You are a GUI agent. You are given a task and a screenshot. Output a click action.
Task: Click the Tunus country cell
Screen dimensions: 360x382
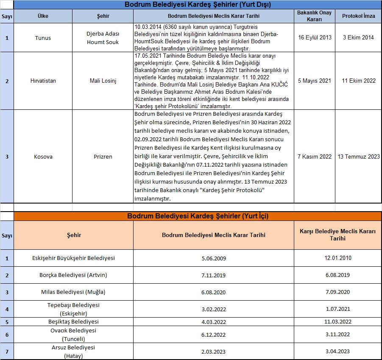point(43,38)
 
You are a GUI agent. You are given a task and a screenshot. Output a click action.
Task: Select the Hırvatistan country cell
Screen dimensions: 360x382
point(43,81)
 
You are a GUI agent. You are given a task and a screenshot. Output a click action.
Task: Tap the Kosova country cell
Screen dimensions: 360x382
point(43,156)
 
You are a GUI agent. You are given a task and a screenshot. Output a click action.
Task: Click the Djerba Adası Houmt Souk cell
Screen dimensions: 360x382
point(103,38)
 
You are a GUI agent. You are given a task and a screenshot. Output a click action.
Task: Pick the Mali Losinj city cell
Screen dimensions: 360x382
point(103,81)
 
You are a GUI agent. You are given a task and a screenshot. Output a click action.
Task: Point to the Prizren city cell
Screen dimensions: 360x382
point(103,156)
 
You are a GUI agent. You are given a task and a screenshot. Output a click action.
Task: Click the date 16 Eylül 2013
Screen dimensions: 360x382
point(315,38)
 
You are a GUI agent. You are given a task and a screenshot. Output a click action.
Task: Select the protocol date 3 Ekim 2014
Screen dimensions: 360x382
point(358,38)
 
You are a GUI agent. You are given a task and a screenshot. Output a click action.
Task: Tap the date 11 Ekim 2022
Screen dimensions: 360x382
point(358,81)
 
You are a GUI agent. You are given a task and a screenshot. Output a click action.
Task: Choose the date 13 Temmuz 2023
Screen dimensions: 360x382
point(358,156)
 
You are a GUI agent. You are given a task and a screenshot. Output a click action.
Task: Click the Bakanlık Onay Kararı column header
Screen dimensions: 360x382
point(315,16)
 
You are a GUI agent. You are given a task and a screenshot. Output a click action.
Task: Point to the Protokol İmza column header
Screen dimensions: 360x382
point(358,16)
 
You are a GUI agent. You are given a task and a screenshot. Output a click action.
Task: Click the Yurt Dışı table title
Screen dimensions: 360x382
point(198,5)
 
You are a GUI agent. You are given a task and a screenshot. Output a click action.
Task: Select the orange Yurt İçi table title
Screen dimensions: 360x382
point(198,216)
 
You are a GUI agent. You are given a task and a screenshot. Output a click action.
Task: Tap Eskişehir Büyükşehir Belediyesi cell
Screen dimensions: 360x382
point(73,258)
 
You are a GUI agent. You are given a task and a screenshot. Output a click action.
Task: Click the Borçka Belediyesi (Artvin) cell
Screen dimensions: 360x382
point(73,275)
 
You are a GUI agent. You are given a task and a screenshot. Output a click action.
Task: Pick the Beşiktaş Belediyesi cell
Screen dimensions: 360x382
point(73,321)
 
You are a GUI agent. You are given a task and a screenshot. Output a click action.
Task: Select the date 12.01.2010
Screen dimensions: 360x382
point(337,258)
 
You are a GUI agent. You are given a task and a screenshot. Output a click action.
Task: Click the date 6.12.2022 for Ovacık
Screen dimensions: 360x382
point(213,335)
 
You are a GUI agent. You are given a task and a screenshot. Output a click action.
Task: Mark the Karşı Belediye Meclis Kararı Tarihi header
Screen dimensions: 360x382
point(337,235)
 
